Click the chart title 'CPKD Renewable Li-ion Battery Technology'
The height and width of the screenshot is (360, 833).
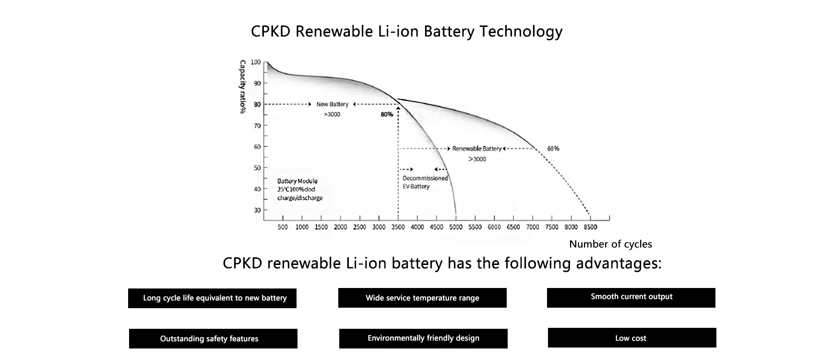click(406, 32)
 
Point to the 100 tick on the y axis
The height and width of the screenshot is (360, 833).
click(256, 62)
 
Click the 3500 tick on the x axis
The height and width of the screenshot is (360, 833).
click(398, 227)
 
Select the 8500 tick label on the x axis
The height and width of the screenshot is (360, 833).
click(590, 227)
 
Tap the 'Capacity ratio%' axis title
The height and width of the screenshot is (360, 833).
click(243, 87)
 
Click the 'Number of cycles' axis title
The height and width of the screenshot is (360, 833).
click(610, 244)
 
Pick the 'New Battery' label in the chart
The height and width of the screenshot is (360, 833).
click(332, 104)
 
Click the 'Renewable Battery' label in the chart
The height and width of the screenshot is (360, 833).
click(476, 149)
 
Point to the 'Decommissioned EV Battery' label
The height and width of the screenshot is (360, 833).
click(425, 182)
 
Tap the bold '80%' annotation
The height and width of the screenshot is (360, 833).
click(387, 114)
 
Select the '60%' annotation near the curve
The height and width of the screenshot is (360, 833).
click(553, 149)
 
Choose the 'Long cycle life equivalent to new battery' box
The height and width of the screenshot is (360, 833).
click(212, 298)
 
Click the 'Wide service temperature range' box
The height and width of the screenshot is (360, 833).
click(422, 298)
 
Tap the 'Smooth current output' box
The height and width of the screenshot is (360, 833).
click(631, 298)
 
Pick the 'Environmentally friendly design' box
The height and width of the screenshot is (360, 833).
click(423, 338)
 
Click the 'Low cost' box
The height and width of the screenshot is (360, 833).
click(631, 338)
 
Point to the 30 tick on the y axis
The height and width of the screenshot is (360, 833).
click(257, 210)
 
